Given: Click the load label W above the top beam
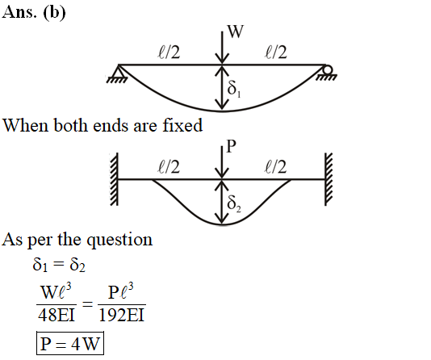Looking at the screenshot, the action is (236, 31).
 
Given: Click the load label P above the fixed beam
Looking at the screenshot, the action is (231, 146).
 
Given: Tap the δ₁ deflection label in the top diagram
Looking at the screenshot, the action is (234, 89).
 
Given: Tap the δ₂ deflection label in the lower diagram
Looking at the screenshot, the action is (234, 204).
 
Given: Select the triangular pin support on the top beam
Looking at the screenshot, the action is (119, 73).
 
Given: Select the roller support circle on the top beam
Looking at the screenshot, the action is (328, 69).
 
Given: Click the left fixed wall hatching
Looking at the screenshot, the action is (115, 179).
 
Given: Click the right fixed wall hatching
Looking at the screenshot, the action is (328, 179).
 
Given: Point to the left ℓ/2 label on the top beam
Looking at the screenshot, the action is (169, 52).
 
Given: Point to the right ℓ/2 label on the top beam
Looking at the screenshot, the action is (276, 52).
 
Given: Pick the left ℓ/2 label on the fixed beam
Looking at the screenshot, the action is (169, 167).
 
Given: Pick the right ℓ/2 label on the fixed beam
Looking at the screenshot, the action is (276, 167).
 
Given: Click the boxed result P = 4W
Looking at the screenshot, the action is (70, 343).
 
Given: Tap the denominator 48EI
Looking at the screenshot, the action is (56, 315).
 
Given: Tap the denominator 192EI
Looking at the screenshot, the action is (122, 315).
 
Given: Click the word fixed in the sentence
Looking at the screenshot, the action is (182, 125).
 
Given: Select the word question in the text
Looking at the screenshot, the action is (119, 241).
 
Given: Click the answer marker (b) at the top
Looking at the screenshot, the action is (54, 12).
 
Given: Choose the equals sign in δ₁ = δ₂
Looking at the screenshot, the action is (58, 264).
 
